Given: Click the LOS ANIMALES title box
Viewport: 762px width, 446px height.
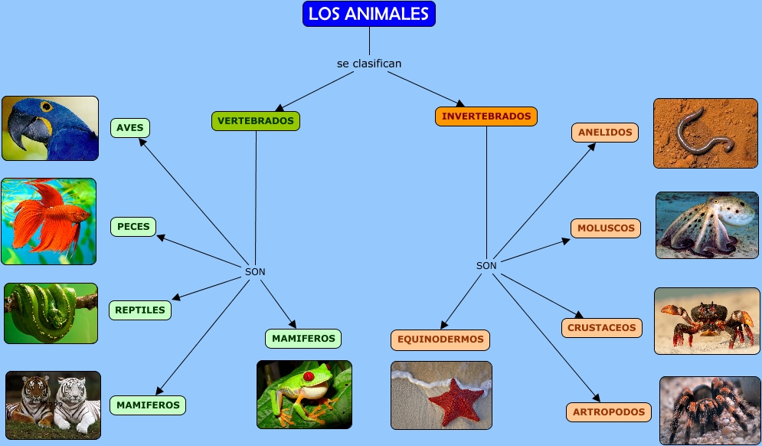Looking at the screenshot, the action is (x=369, y=14).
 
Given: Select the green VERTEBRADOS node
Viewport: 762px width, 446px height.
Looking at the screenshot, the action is (x=256, y=120).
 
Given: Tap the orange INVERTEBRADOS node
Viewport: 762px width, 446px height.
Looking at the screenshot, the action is (x=486, y=116).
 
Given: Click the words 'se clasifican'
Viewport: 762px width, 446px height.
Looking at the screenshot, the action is (x=369, y=64).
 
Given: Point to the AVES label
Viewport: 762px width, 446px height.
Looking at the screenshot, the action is (x=130, y=128).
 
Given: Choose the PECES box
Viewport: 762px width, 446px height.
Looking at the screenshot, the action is (x=133, y=227).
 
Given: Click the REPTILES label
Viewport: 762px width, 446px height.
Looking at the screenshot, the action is (x=140, y=310).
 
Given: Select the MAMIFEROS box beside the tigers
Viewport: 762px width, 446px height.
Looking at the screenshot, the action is (x=148, y=405).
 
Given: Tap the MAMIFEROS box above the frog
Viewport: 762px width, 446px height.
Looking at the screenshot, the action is (x=303, y=339).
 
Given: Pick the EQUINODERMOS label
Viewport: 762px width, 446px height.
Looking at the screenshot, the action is (x=440, y=339).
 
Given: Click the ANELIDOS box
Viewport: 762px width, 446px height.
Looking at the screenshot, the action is (x=605, y=133).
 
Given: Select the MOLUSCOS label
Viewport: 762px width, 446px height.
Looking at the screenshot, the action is (x=606, y=228).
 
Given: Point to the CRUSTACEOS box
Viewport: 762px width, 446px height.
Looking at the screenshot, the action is (x=602, y=328).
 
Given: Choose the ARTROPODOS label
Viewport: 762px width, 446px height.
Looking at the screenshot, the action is (x=608, y=412).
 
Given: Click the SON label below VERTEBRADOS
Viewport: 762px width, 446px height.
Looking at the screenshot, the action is (x=255, y=272).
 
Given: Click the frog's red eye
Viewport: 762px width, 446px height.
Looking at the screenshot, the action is (x=309, y=376).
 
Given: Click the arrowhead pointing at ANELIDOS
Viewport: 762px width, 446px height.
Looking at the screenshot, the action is (x=591, y=147).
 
